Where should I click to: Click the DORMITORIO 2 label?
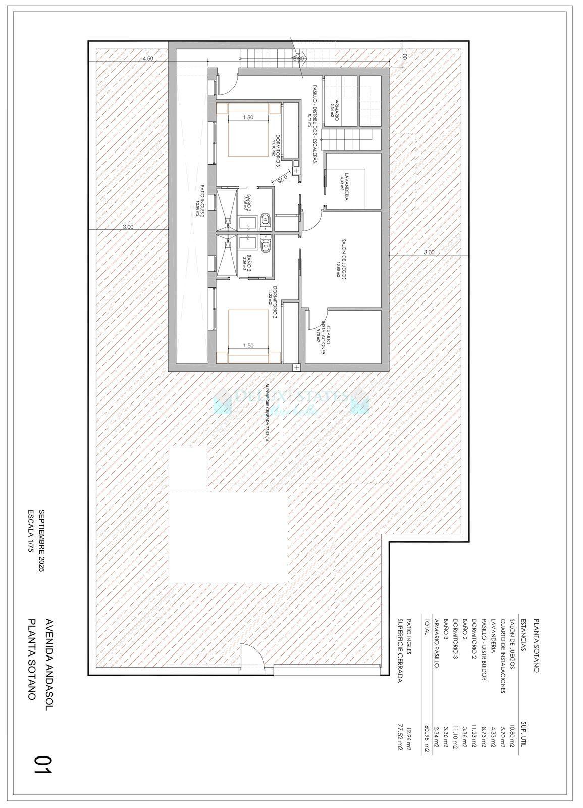(x=275, y=305)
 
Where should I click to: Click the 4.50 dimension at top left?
(x=147, y=59)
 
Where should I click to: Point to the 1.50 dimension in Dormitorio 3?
(x=248, y=117)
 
